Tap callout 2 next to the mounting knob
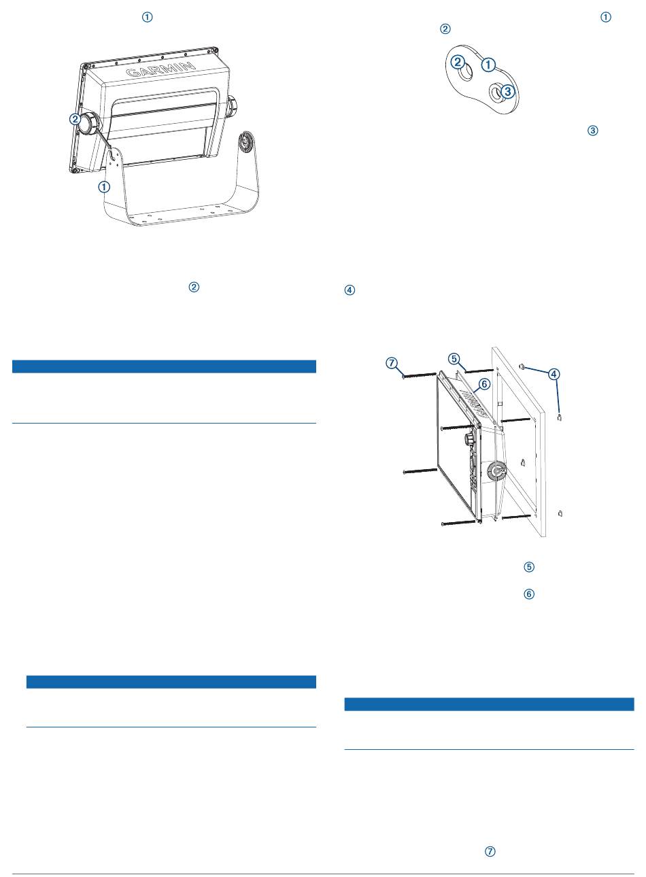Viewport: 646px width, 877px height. coord(75,119)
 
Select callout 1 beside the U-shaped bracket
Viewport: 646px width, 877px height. coord(104,187)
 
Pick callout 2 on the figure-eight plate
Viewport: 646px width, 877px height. coord(458,62)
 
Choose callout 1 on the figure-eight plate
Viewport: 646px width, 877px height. coord(488,65)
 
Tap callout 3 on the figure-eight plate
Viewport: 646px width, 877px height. coord(508,92)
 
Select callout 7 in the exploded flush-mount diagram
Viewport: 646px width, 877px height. coord(392,363)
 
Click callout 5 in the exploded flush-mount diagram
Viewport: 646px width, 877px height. coord(454,358)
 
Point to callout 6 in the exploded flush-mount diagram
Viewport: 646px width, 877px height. coord(484,384)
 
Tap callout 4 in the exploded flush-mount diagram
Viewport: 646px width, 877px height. coord(554,375)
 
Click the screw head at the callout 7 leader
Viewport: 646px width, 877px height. coord(404,375)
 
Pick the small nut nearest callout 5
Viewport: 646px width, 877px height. coord(522,366)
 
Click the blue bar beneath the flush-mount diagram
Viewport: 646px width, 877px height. coord(489,704)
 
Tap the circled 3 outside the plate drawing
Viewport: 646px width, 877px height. coord(593,131)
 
